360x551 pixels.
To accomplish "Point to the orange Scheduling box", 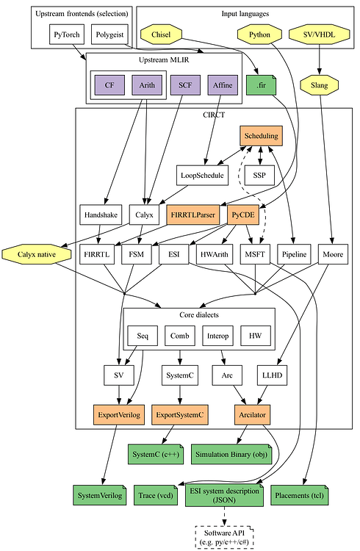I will pos(260,136).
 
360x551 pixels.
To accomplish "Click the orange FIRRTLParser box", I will pos(192,214).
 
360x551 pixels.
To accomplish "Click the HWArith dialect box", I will pos(216,253).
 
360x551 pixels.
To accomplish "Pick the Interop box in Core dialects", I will pos(217,336).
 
